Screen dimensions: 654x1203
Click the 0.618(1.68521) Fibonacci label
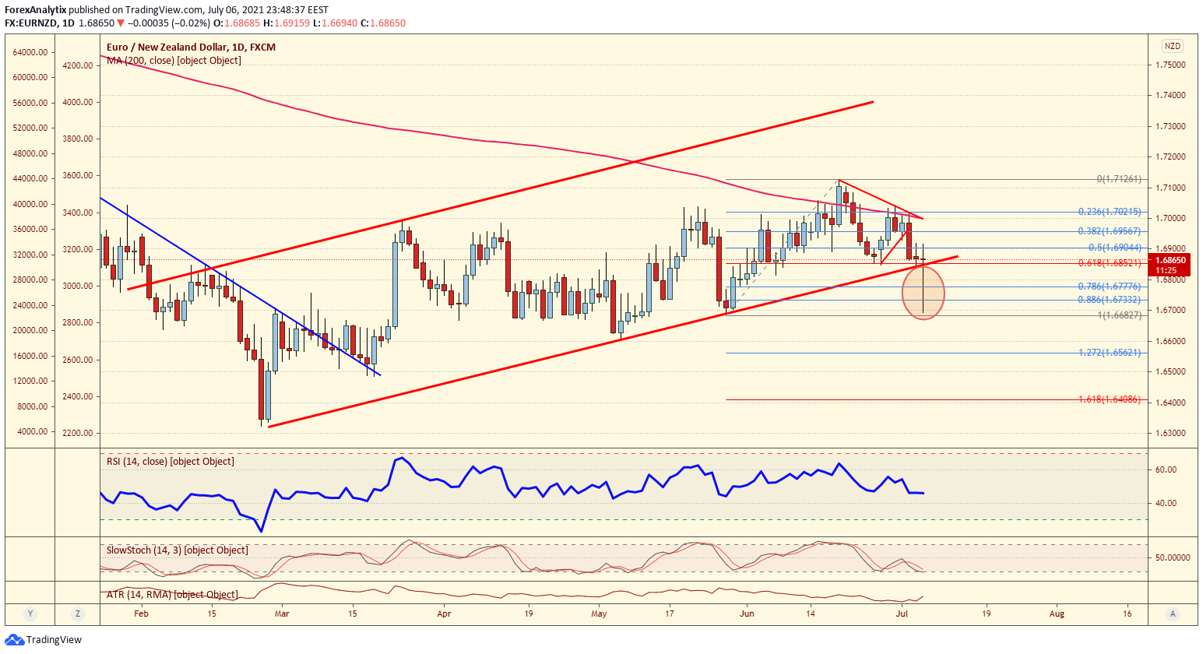coord(1110,263)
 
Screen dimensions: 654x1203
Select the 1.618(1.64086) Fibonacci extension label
coord(1110,399)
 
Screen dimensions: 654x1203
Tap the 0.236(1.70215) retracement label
coord(1110,212)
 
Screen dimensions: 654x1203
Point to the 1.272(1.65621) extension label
coord(1110,353)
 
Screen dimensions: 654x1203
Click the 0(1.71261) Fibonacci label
coord(1119,179)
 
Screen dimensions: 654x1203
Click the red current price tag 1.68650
coord(1170,261)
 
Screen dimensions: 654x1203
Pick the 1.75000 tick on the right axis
coord(1170,65)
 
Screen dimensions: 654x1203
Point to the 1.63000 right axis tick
coord(1170,433)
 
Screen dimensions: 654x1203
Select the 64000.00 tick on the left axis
coord(31,52)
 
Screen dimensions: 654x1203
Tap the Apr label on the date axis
coord(444,614)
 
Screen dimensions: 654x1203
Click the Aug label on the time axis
coord(1057,614)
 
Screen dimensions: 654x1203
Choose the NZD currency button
coord(1172,46)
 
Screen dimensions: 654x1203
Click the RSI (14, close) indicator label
coord(170,462)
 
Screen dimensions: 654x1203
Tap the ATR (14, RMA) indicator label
coord(172,595)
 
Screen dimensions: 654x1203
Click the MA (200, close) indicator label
coord(174,61)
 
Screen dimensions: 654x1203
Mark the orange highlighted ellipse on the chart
coord(923,293)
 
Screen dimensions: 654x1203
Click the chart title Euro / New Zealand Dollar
coord(191,47)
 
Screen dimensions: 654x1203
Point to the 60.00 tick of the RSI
coord(1166,469)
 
